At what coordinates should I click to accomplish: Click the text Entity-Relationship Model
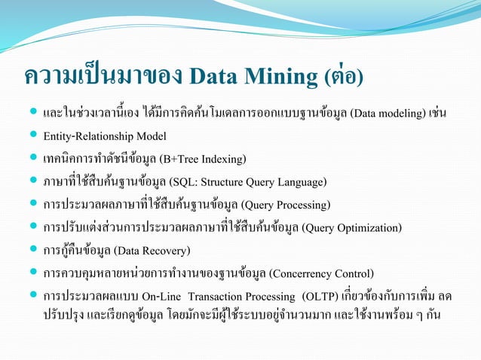105,136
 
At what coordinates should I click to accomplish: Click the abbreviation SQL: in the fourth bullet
183,182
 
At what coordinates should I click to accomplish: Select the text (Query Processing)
286,205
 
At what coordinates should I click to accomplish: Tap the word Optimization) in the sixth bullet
370,227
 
